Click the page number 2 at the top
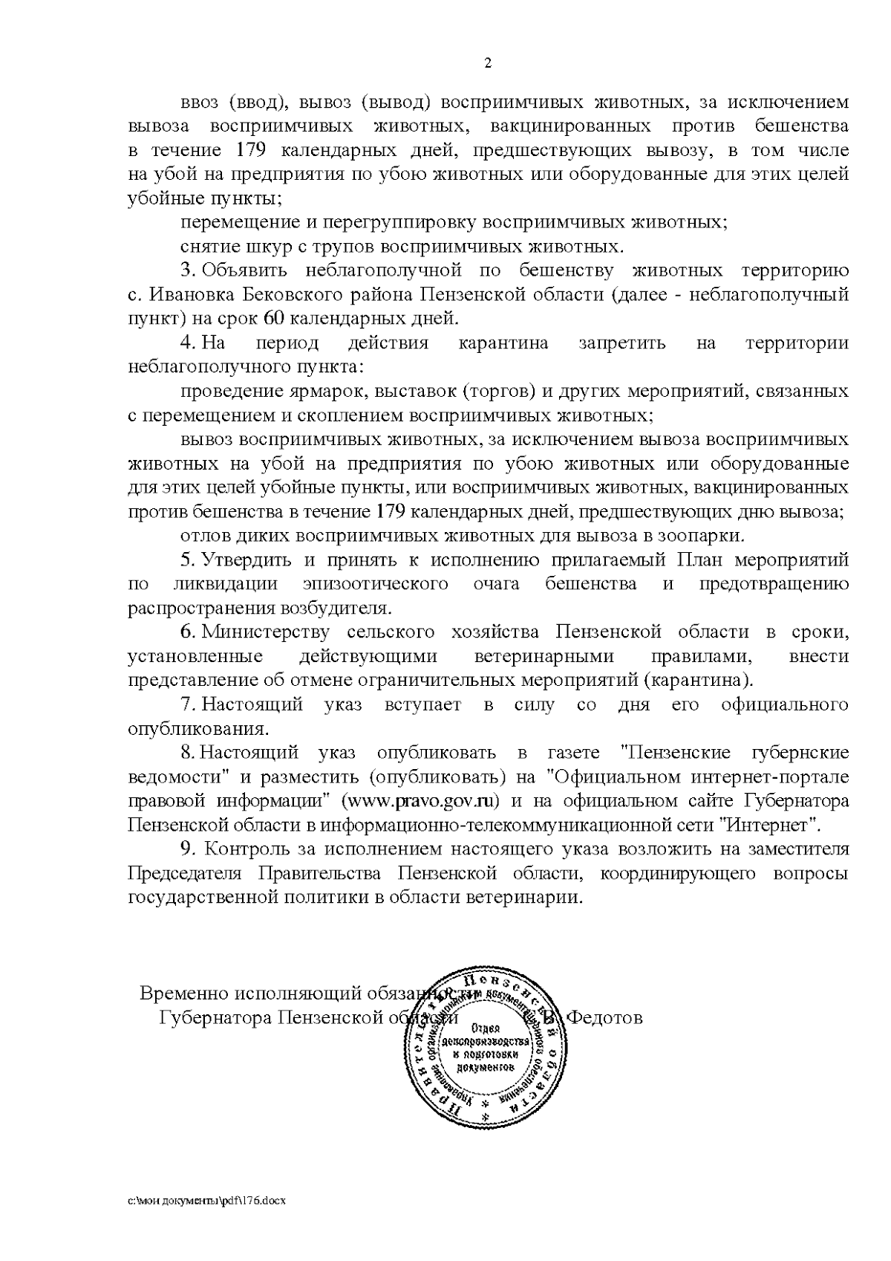pyautogui.click(x=488, y=63)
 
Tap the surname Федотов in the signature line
pyautogui.click(x=604, y=1017)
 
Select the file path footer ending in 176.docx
pyautogui.click(x=207, y=1201)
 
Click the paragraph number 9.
pyautogui.click(x=187, y=849)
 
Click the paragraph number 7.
pyautogui.click(x=187, y=704)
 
